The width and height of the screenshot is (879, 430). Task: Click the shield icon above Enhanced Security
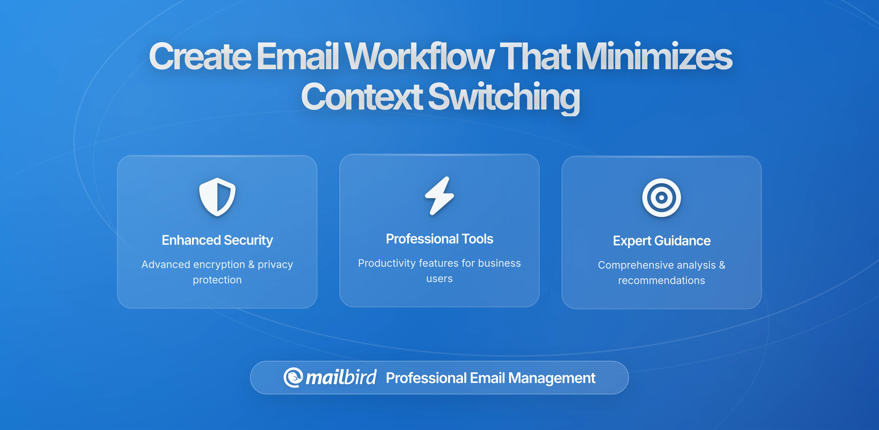pos(217,197)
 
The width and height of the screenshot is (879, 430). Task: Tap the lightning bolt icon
pos(439,196)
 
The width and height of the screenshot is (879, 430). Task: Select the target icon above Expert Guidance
pos(661,198)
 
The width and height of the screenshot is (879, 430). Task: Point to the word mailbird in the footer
pos(341,377)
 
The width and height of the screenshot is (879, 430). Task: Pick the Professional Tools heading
pos(439,239)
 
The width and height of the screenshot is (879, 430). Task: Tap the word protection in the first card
pos(217,280)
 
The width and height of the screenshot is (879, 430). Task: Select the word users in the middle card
pos(439,279)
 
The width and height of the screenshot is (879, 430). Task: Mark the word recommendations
pos(661,281)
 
